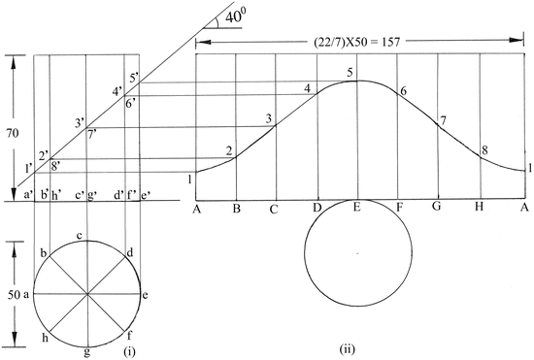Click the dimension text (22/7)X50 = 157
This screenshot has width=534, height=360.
pos(356,42)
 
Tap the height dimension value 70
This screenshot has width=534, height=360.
pos(13,133)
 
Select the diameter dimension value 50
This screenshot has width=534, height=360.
pos(14,295)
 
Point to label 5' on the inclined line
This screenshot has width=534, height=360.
pos(134,78)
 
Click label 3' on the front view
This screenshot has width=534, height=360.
pos(80,122)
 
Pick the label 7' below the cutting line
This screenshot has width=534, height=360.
pos(91,135)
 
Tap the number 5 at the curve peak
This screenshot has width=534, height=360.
pos(350,73)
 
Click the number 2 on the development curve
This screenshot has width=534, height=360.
pos(229,150)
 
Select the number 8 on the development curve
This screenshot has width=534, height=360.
pos(484,150)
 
